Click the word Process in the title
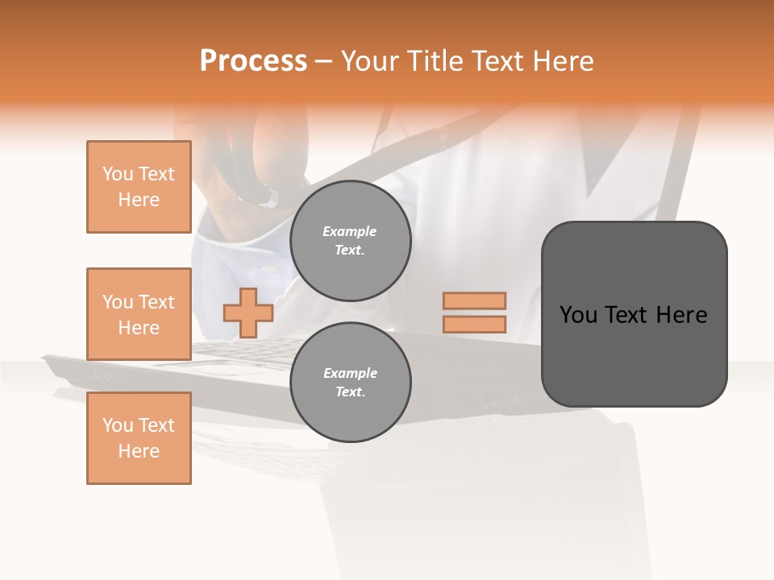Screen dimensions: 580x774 [253, 61]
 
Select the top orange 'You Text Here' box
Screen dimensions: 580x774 [139, 187]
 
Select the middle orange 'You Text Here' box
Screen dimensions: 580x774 [139, 314]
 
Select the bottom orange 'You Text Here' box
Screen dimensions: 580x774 [139, 438]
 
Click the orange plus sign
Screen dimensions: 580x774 [248, 313]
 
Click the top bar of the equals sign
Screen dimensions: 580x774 [474, 300]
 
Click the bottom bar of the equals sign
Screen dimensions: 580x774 [474, 324]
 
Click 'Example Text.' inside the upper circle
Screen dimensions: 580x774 [350, 240]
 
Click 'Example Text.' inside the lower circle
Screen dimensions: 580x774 [350, 382]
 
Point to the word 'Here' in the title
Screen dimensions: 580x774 [561, 61]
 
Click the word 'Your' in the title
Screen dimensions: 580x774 [368, 61]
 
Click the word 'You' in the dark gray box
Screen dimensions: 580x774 [578, 315]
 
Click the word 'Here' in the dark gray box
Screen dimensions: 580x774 [681, 315]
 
